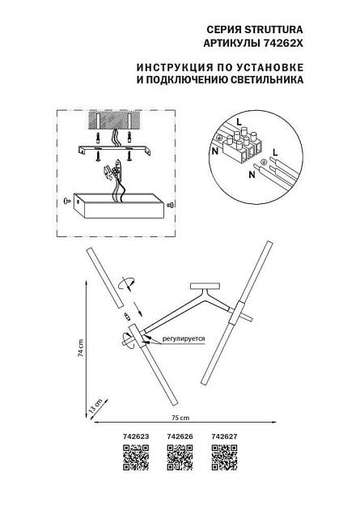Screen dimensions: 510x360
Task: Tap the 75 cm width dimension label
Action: (x=179, y=419)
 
